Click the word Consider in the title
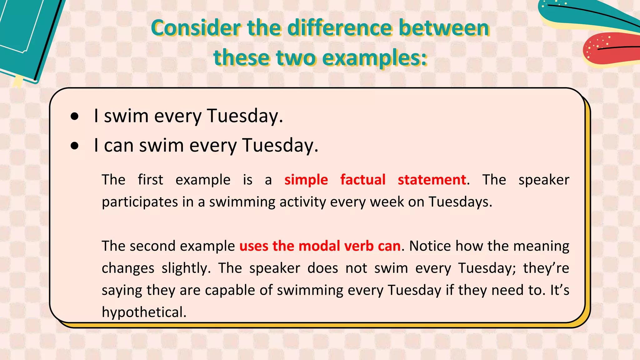(x=196, y=28)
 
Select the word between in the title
(x=444, y=28)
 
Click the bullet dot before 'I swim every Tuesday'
(x=75, y=117)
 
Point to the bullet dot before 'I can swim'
(x=75, y=146)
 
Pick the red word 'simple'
(x=306, y=180)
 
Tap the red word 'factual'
(x=363, y=180)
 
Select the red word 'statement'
(x=432, y=180)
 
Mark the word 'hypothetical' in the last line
(x=144, y=312)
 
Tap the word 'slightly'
(x=186, y=268)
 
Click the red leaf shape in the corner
(x=609, y=48)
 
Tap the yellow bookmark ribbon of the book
(x=17, y=81)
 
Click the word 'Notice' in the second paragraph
(x=430, y=246)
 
